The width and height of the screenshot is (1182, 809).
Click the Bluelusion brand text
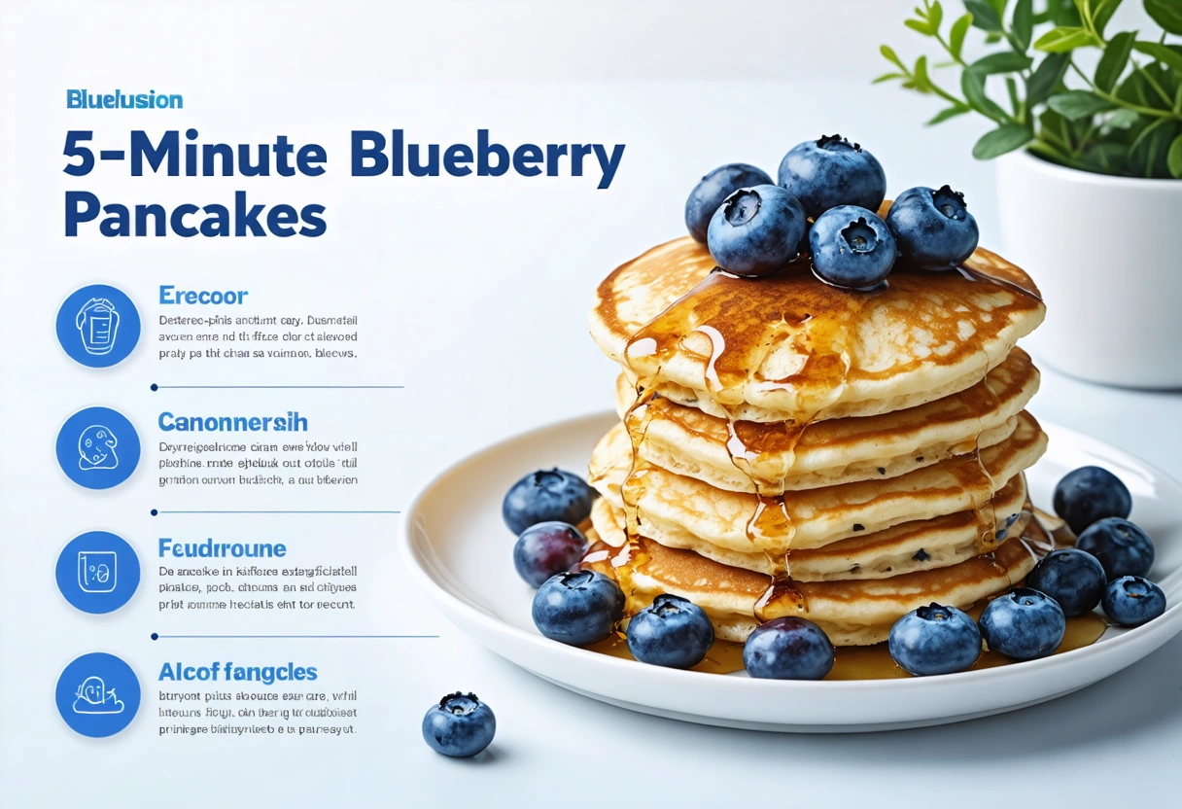point(124,99)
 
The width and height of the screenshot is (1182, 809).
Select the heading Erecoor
point(203,296)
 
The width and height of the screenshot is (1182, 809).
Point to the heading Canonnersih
point(232,422)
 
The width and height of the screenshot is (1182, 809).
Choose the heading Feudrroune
point(222,548)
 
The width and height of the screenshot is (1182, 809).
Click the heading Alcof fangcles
point(237,672)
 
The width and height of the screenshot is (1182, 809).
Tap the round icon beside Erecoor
point(98,326)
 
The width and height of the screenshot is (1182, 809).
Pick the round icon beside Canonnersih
point(98,448)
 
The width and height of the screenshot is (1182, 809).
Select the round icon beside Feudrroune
point(98,572)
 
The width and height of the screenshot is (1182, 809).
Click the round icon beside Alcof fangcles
point(98,694)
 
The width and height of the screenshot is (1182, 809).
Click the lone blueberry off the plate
point(459,724)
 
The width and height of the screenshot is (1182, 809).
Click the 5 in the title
point(80,156)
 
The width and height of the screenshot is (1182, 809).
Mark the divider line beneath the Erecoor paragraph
point(278,387)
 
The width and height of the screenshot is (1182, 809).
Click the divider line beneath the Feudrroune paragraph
point(296,637)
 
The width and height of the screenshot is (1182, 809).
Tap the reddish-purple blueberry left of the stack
point(549,552)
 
